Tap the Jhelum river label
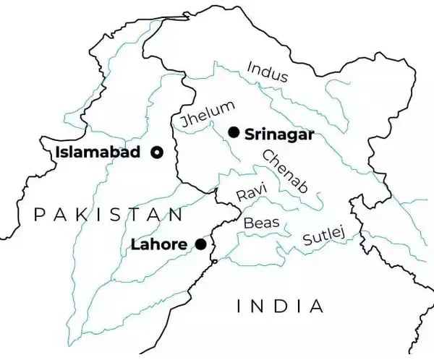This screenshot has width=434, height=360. coord(208,116)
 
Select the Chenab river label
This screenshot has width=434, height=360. coord(284,171)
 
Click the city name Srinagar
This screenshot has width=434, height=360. coord(278,133)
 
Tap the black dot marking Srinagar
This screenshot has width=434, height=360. coord(233,132)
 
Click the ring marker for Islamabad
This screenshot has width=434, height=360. coord(156,152)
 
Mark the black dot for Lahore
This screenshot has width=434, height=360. coord(200,244)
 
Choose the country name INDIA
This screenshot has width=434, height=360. coord(280,306)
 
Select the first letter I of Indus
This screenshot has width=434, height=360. coord(249,67)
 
